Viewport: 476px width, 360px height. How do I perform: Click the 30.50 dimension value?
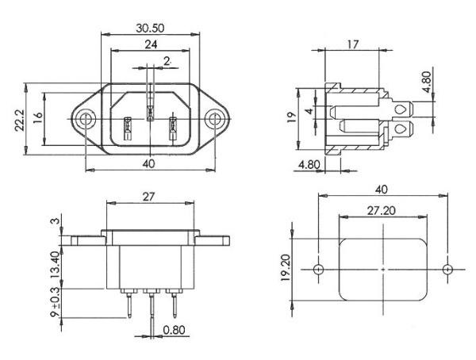pos(149,27)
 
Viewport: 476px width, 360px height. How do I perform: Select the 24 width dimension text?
pos(149,46)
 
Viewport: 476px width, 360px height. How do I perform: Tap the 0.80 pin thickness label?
pos(175,331)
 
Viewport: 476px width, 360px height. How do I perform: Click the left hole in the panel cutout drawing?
pos(318,270)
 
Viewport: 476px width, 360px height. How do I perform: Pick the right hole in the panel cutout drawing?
pos(448,270)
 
